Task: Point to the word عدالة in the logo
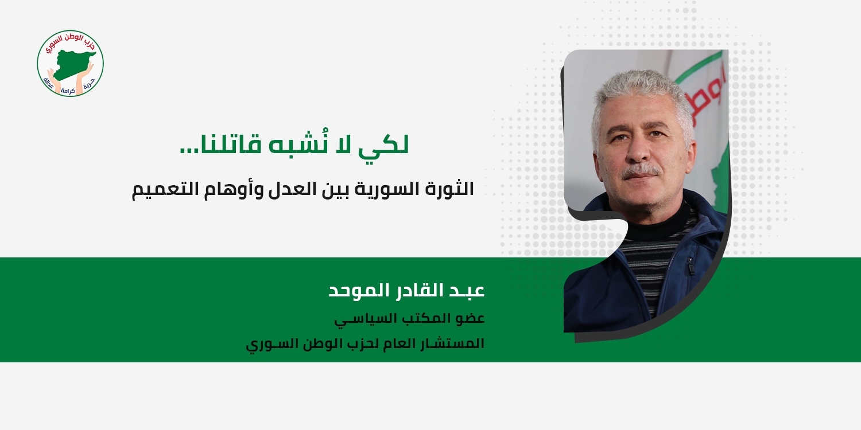pyautogui.click(x=49, y=84)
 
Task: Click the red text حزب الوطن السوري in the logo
pyautogui.click(x=71, y=42)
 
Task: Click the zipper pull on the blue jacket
pyautogui.click(x=691, y=265)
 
